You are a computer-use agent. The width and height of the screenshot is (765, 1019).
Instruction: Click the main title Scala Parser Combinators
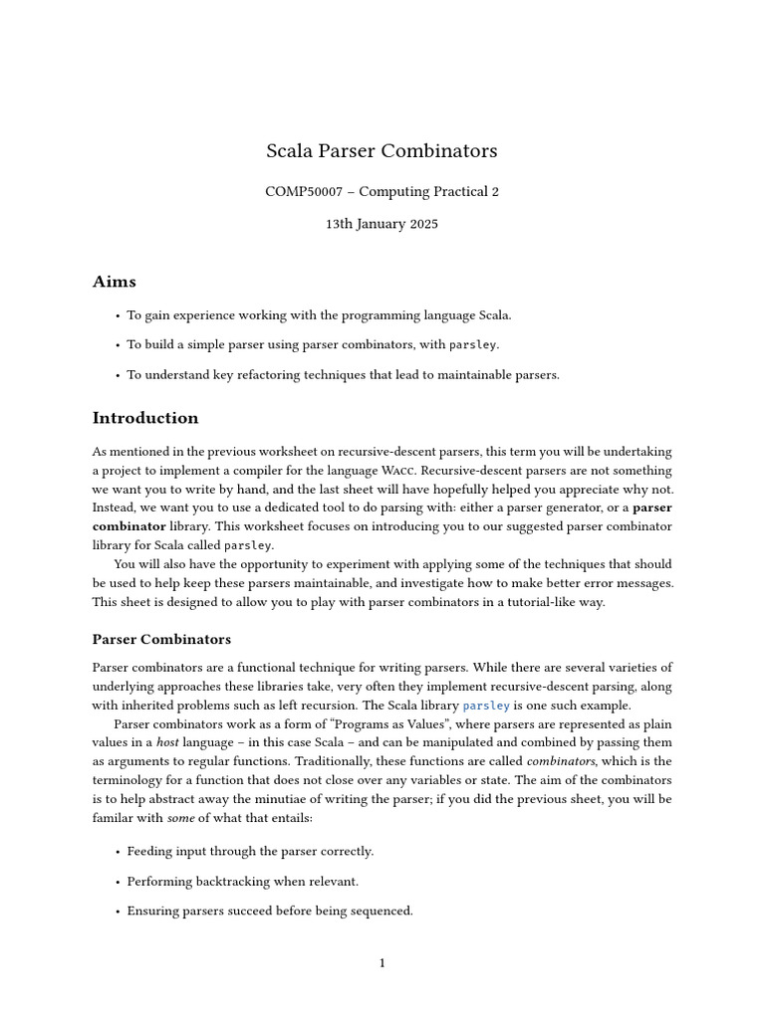(x=382, y=151)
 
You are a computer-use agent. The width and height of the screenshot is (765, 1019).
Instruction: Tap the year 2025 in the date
(x=420, y=224)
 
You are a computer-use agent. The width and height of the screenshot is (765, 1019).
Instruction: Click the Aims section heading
(x=114, y=282)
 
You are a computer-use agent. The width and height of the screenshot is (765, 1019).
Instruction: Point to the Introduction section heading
(x=145, y=418)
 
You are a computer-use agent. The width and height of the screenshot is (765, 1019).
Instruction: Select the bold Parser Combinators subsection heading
(x=161, y=639)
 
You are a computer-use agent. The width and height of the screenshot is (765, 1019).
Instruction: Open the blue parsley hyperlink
(x=486, y=706)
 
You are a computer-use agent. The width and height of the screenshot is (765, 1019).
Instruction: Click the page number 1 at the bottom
(x=382, y=963)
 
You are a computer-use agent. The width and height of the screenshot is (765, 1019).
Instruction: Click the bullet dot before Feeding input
(x=118, y=852)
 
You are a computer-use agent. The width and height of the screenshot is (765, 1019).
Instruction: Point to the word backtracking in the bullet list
(x=226, y=882)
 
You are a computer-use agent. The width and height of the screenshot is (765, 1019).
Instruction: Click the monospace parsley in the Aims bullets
(x=473, y=345)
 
